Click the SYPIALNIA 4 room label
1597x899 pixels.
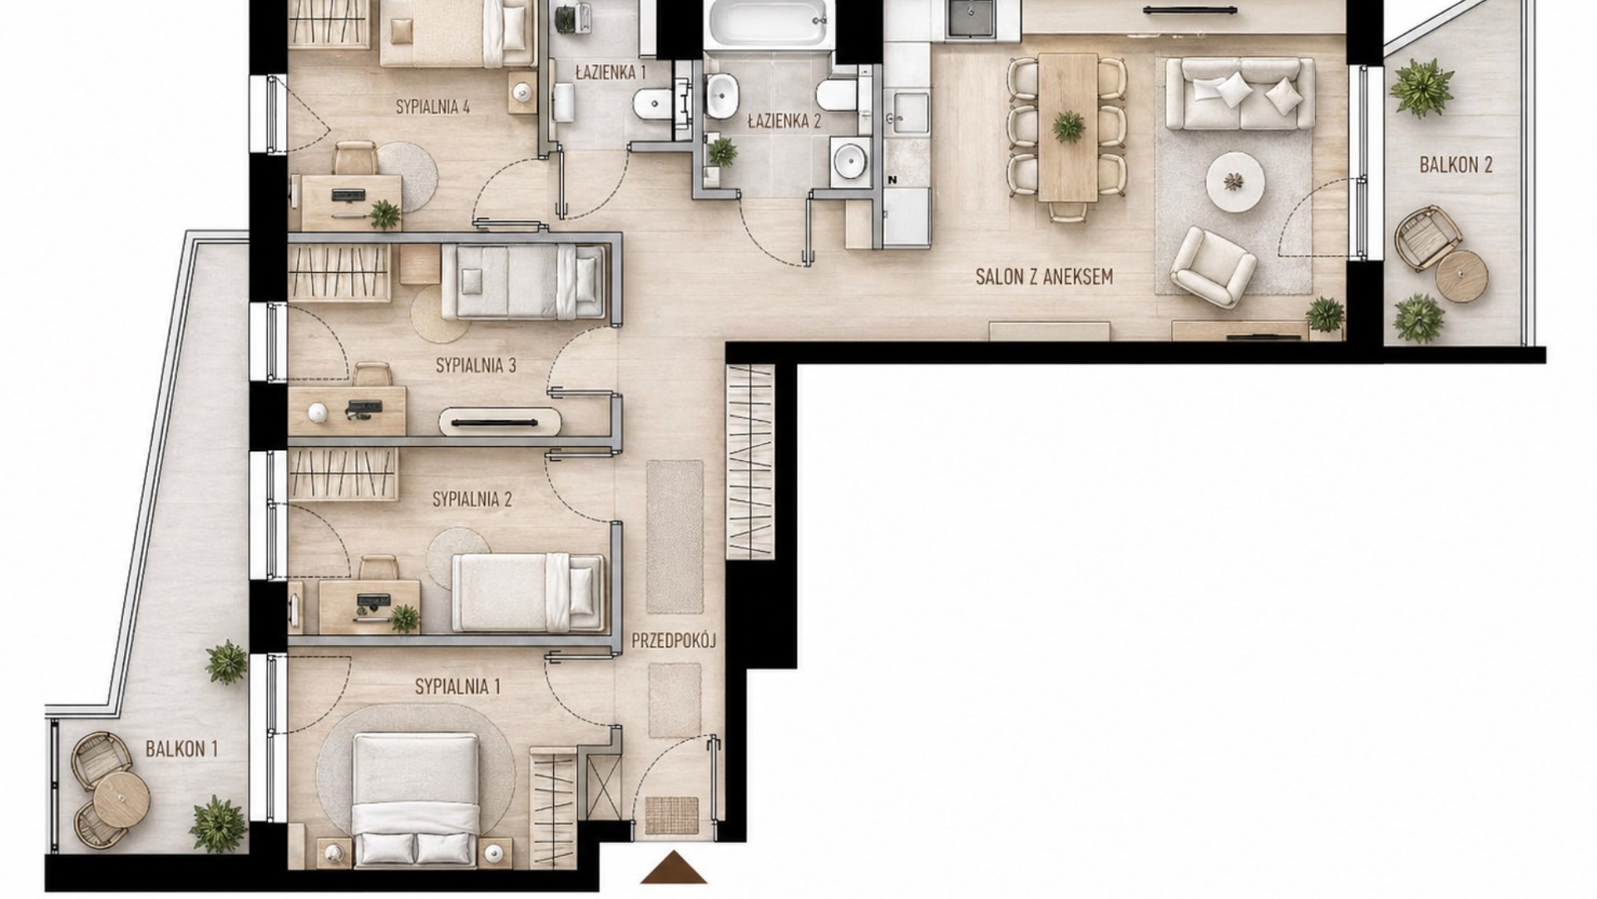[x=433, y=107]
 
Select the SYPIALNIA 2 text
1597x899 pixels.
[x=472, y=499]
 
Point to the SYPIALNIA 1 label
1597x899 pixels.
[x=457, y=687]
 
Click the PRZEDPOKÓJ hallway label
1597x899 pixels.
[x=674, y=641]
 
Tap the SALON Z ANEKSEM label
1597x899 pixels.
[x=1044, y=277]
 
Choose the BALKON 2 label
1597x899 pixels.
[x=1456, y=165]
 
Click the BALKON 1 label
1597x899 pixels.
[x=181, y=748]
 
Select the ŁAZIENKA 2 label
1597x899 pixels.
[x=784, y=122]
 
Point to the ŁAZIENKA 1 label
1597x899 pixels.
[x=611, y=72]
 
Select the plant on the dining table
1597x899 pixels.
[x=1068, y=127]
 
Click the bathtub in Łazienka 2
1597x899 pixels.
[x=767, y=23]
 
